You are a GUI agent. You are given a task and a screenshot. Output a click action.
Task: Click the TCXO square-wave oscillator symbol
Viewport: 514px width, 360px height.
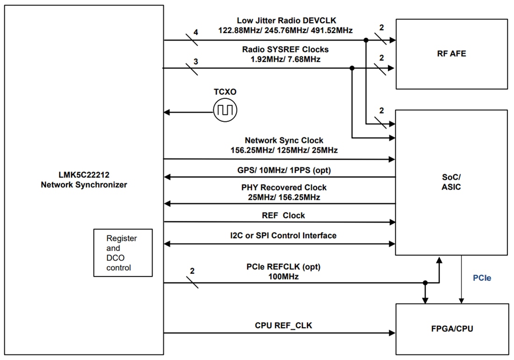pos(225,111)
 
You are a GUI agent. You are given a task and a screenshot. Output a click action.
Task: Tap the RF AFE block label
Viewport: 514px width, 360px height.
pos(451,53)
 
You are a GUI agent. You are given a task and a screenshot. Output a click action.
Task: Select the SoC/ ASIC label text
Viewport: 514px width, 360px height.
pos(451,182)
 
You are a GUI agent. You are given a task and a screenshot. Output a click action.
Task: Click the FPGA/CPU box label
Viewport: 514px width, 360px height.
pos(452,329)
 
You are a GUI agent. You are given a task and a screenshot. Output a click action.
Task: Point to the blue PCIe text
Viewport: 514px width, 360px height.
pos(482,278)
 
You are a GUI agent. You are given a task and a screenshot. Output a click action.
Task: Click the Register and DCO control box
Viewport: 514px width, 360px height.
pos(123,253)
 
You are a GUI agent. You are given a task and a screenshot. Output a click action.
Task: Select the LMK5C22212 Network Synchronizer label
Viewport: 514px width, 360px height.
pos(84,180)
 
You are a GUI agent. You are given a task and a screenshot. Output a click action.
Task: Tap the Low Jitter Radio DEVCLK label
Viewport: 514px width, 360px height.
pos(286,21)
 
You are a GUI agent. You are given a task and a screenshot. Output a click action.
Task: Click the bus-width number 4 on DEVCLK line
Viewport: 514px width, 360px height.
pos(196,32)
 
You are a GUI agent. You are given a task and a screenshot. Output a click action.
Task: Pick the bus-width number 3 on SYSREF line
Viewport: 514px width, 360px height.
pos(195,61)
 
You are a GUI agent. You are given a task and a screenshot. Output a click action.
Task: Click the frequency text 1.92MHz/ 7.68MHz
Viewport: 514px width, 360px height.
pos(285,59)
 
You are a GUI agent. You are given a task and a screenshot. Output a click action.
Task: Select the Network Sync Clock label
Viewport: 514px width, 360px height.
pos(284,140)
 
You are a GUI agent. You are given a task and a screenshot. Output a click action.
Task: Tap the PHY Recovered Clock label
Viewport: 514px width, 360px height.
pos(284,187)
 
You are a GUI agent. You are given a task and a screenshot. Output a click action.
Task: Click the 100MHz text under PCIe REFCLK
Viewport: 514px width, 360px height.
pos(284,276)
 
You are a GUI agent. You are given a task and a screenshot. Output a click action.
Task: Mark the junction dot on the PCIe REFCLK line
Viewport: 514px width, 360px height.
pos(425,282)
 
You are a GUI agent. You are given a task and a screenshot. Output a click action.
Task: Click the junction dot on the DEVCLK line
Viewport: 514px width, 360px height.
pos(366,40)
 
